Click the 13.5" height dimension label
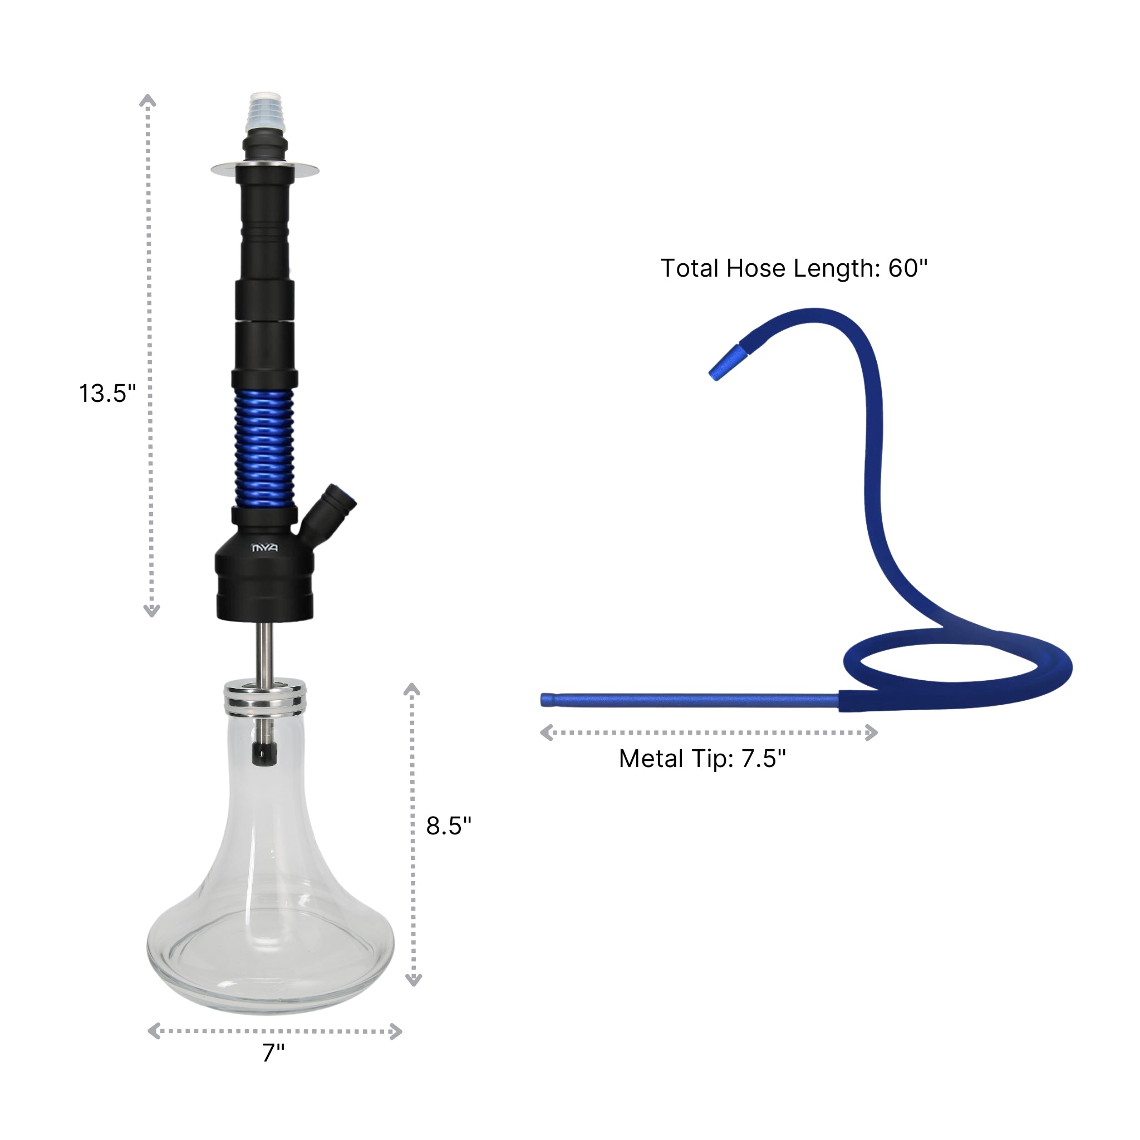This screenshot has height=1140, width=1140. pos(107,394)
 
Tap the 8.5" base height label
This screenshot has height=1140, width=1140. pos(449,825)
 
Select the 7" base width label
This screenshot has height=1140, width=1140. pos(273,1053)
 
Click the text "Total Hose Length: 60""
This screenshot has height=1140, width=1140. pos(794,268)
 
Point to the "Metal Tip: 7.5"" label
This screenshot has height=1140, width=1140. pos(702,759)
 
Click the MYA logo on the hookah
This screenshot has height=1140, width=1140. pos(264,548)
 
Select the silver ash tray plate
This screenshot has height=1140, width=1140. pos(265,170)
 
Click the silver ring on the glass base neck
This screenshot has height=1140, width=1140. pos(265,697)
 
